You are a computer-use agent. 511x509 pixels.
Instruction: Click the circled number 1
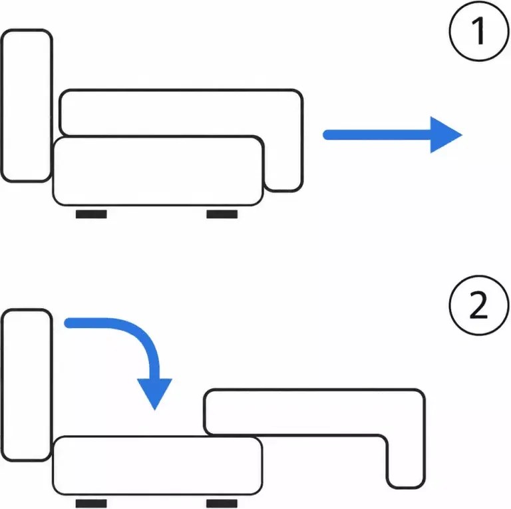click(x=479, y=31)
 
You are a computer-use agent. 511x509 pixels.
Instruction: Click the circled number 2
click(x=479, y=305)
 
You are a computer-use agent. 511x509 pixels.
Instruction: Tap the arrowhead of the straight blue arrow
click(x=446, y=134)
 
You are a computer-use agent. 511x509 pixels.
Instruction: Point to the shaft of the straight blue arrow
click(x=377, y=134)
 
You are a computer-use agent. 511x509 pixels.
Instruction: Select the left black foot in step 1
click(x=91, y=214)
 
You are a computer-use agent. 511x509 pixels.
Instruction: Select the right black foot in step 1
click(x=222, y=214)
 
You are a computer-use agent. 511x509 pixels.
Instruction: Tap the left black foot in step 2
click(x=91, y=504)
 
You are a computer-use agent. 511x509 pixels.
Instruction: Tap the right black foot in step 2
click(x=222, y=504)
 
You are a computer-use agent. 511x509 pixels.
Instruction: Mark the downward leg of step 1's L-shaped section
click(x=283, y=163)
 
